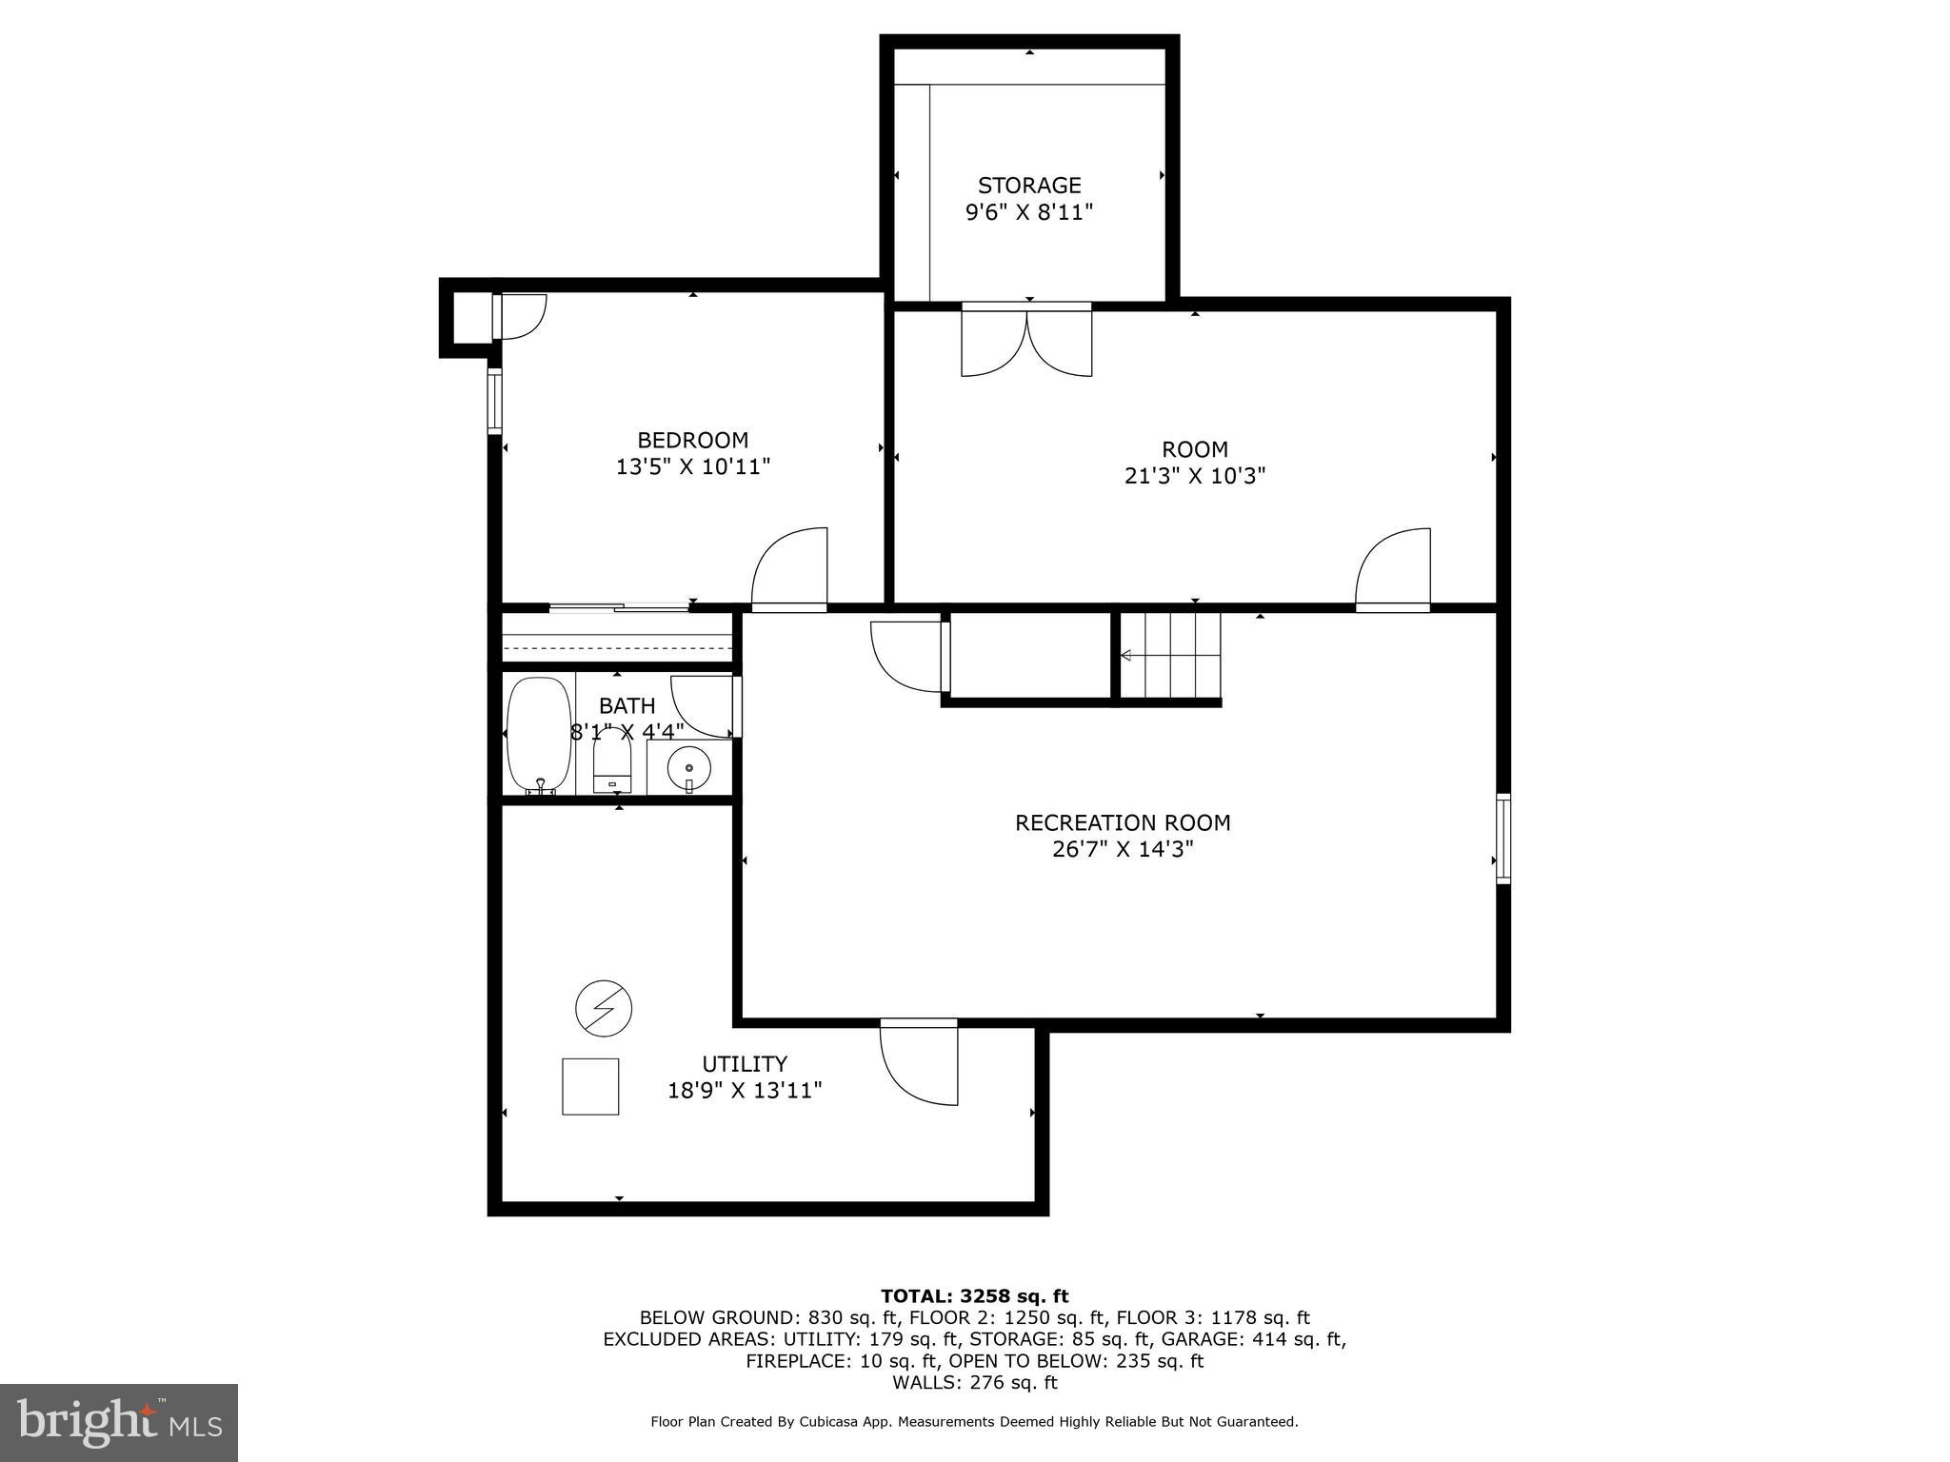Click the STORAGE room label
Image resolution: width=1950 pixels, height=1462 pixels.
tap(1029, 185)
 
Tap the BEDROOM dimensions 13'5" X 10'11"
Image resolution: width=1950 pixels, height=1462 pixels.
tap(693, 466)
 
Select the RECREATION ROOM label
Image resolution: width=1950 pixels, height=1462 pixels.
tap(1123, 822)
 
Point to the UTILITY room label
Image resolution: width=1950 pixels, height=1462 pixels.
tap(745, 1063)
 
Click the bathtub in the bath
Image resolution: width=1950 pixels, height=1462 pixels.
tap(539, 735)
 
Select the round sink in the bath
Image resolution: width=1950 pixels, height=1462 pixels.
tap(688, 765)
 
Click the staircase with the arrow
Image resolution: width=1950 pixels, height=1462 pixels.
tap(1169, 655)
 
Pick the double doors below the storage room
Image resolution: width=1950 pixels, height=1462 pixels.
tap(1026, 339)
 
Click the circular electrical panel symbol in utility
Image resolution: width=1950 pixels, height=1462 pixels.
tap(604, 1008)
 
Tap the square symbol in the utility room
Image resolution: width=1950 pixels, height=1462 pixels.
tap(590, 1086)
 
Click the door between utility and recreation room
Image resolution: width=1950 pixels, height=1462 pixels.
tap(919, 1061)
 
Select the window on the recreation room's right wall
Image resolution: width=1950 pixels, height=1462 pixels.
tap(1503, 839)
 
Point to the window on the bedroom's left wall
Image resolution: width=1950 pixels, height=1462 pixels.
tap(494, 402)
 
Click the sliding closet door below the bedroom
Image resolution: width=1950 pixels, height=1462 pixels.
tap(620, 606)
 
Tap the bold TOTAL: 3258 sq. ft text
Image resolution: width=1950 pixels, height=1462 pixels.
tap(974, 1295)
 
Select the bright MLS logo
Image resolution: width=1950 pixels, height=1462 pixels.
tap(119, 1422)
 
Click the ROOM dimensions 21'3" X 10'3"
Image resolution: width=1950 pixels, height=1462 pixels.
tap(1195, 475)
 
